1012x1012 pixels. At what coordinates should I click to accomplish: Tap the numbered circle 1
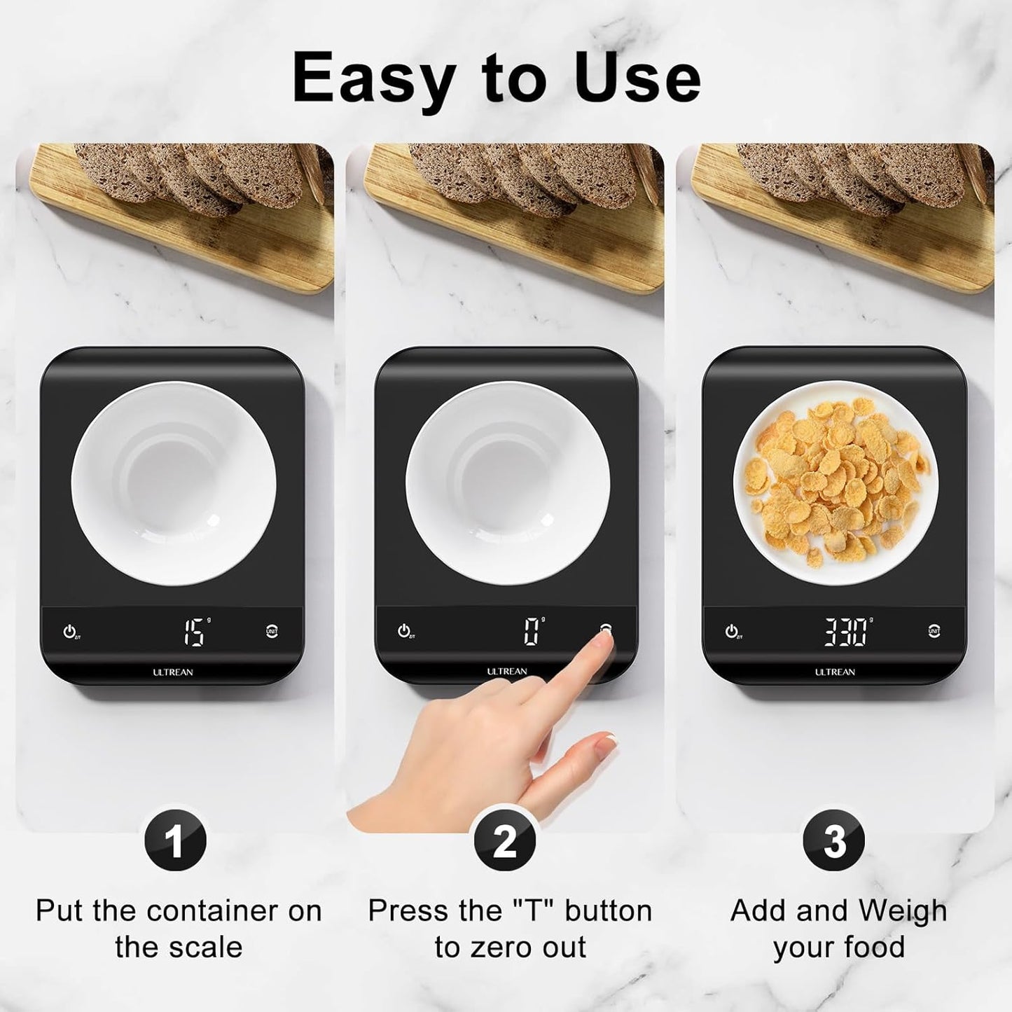click(x=175, y=840)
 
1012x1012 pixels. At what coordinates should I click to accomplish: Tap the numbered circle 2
click(x=505, y=840)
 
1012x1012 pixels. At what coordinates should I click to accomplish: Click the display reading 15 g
click(x=194, y=632)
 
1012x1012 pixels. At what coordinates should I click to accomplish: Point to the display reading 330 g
click(x=845, y=632)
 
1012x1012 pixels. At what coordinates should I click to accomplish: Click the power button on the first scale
click(x=69, y=631)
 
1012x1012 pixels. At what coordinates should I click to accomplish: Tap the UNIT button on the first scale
click(x=272, y=631)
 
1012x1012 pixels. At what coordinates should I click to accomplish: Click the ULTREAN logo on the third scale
click(x=834, y=672)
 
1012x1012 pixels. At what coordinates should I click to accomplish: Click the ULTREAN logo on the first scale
click(x=173, y=672)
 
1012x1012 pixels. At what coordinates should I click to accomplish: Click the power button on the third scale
click(x=731, y=631)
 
